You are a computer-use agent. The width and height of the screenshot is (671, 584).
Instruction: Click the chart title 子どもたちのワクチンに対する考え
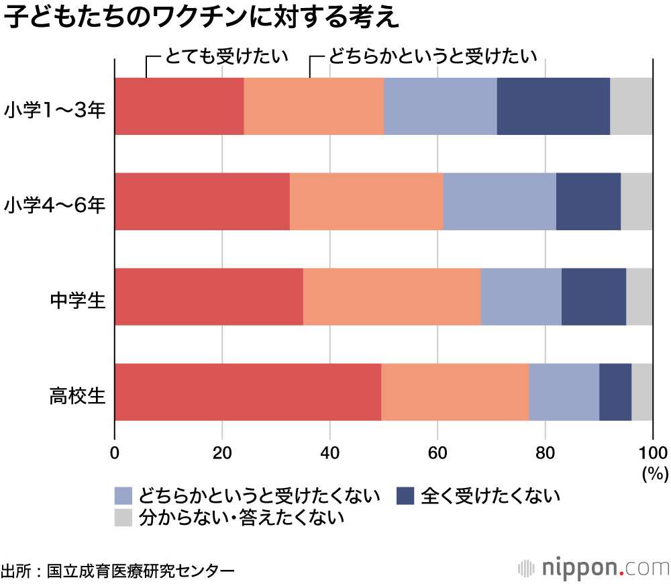(201, 19)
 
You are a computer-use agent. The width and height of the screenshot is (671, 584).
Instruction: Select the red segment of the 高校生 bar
(248, 391)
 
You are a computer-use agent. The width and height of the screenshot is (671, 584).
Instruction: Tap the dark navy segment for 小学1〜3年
(553, 106)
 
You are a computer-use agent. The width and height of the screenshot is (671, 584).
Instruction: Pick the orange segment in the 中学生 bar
(392, 296)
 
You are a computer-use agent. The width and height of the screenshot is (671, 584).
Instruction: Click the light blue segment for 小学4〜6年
(499, 201)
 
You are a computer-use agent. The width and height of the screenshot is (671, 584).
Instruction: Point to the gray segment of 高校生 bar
(641, 391)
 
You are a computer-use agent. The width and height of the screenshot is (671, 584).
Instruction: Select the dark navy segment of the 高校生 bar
(615, 391)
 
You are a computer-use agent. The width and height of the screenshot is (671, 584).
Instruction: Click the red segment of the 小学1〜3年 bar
(179, 106)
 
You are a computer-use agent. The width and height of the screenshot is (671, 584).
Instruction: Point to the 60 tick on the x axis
(437, 451)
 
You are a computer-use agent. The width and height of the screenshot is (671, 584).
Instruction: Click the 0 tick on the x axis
(115, 451)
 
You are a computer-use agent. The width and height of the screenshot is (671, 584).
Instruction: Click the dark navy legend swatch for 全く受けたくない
(406, 496)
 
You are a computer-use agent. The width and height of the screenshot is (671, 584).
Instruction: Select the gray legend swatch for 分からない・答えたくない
(123, 517)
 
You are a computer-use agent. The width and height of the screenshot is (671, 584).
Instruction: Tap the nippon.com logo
(593, 567)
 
